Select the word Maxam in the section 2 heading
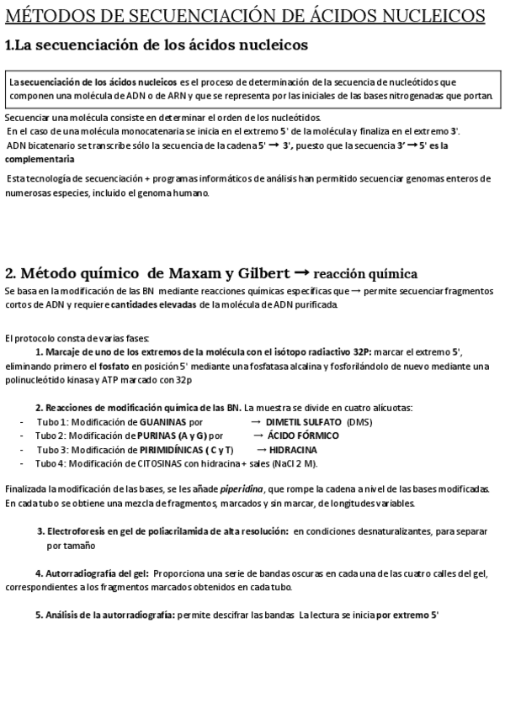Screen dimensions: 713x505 coord(168,273)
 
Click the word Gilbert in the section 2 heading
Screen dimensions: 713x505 coord(252,273)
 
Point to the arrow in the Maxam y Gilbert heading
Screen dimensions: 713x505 coord(300,273)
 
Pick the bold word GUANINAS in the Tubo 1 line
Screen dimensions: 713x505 coord(163,421)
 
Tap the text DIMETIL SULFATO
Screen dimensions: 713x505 coord(303,421)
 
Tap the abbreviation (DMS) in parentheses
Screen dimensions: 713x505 coord(359,421)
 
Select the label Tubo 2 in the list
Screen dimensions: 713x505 coord(50,436)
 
